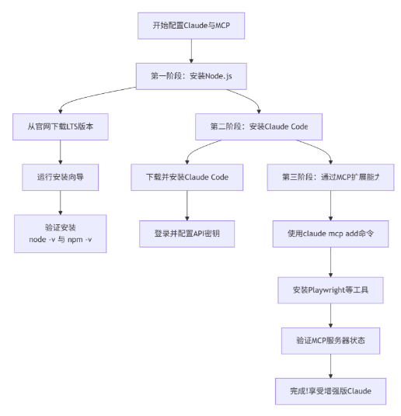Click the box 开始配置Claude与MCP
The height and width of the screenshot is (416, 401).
tap(191, 26)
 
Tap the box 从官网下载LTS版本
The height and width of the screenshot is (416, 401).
tap(60, 126)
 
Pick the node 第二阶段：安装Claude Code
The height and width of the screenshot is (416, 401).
tap(259, 126)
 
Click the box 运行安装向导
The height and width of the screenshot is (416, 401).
tap(60, 176)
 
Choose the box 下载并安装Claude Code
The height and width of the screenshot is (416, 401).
tap(187, 176)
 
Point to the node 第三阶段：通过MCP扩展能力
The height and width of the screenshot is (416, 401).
tap(331, 176)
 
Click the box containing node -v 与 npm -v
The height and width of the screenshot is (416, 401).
tap(60, 233)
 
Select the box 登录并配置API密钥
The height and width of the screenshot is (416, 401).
tap(187, 233)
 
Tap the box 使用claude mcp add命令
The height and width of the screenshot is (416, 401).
tap(331, 233)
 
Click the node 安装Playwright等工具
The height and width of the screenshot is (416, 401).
tap(331, 289)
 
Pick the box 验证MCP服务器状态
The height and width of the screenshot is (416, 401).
tap(331, 340)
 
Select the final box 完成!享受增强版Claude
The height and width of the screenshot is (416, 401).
tap(331, 390)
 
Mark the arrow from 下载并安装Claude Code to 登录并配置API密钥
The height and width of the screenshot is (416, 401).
tap(187, 204)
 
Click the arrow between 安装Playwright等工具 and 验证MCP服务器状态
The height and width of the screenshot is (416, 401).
tap(331, 314)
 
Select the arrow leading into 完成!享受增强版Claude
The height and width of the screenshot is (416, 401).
tap(331, 365)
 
